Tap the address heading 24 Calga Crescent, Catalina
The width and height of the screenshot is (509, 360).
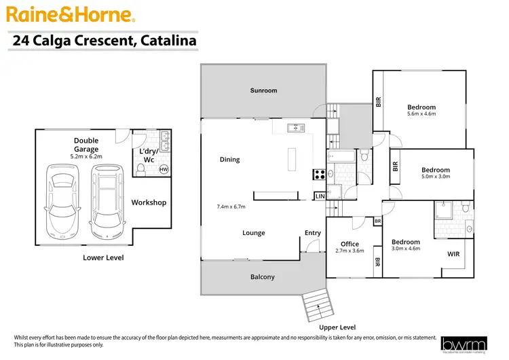(105, 41)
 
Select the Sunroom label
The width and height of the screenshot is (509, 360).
(263, 90)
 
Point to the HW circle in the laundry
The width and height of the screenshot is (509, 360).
(164, 170)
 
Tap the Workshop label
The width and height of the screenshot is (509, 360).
(149, 202)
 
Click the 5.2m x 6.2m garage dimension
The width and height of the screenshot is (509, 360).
(86, 156)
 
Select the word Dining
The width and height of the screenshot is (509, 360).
(229, 160)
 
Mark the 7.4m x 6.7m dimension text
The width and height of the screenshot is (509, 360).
(230, 206)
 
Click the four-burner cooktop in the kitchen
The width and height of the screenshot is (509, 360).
(318, 173)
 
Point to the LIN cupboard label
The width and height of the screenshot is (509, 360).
(320, 196)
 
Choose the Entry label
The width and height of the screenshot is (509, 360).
(312, 233)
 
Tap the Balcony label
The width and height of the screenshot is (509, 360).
(263, 276)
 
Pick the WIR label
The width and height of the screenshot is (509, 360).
(453, 254)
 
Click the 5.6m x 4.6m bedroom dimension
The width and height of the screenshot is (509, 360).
(421, 115)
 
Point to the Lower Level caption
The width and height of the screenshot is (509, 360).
(102, 257)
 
